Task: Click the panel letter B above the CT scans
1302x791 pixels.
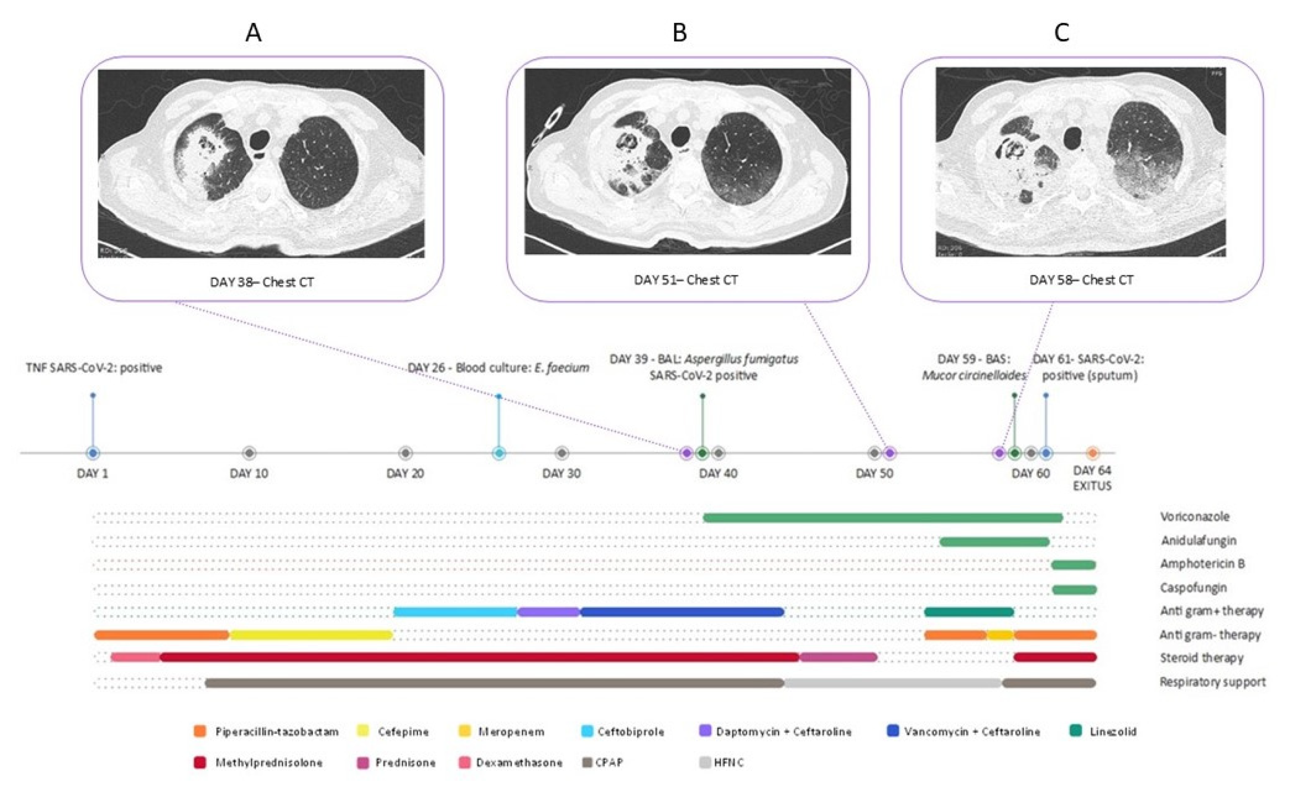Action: pyautogui.click(x=679, y=33)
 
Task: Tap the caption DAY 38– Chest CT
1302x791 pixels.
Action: pyautogui.click(x=262, y=282)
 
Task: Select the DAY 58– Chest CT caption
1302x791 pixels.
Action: pyautogui.click(x=1081, y=280)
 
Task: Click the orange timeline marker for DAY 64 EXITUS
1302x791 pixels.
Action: pyautogui.click(x=1092, y=453)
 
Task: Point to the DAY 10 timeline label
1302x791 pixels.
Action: pyautogui.click(x=249, y=473)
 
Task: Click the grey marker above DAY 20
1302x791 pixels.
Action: pyautogui.click(x=405, y=453)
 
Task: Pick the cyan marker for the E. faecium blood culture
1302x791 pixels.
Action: pyautogui.click(x=498, y=453)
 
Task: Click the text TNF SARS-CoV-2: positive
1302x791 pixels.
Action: pyautogui.click(x=94, y=368)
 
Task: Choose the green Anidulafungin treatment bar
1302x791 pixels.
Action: pyautogui.click(x=994, y=542)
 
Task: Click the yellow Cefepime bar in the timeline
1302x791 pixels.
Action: pyautogui.click(x=311, y=635)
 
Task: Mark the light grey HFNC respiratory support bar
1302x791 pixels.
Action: pyautogui.click(x=892, y=682)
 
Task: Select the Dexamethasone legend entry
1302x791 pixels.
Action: pyautogui.click(x=519, y=763)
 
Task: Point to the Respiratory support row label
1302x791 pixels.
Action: pyautogui.click(x=1212, y=682)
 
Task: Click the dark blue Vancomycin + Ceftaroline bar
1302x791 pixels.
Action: pyautogui.click(x=682, y=612)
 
